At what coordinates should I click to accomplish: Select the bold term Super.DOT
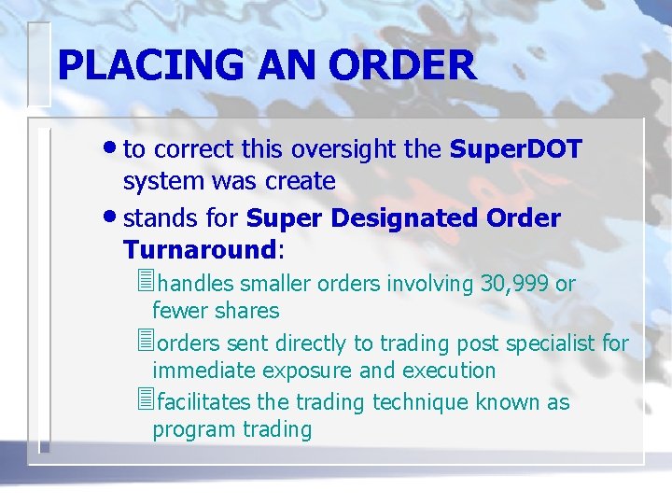(x=515, y=149)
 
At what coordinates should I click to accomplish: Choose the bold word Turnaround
(x=199, y=250)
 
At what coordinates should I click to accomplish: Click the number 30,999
(x=514, y=284)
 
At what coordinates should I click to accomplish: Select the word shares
(x=246, y=311)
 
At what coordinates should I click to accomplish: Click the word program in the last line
(x=191, y=429)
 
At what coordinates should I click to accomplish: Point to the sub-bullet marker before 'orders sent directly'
(x=143, y=343)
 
